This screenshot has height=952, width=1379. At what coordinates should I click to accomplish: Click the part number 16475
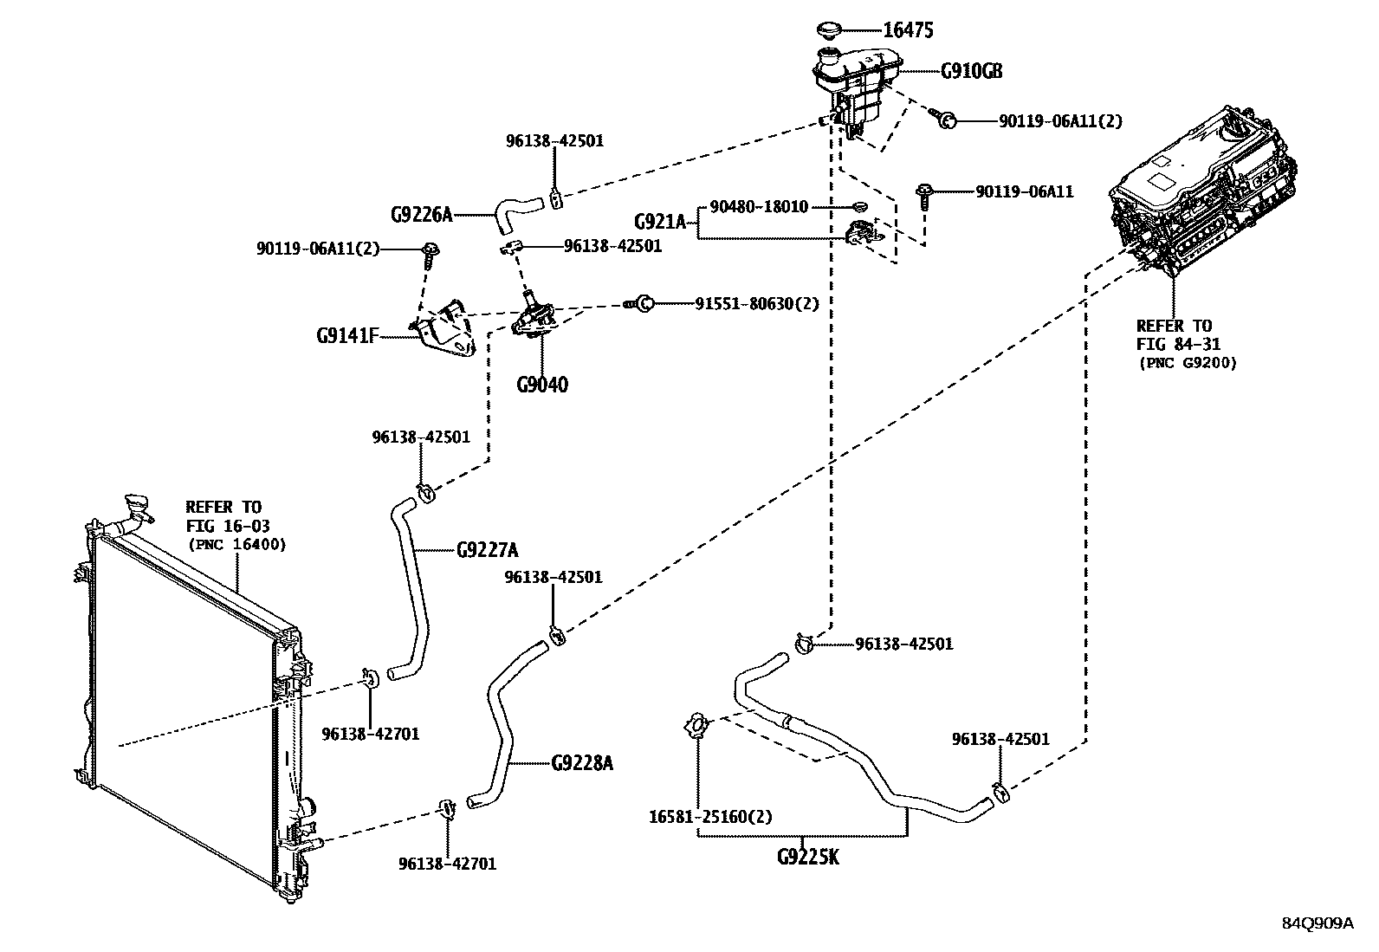907,30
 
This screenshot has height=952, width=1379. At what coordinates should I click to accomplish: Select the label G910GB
971,72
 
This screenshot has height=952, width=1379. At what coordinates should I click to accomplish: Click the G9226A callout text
421,214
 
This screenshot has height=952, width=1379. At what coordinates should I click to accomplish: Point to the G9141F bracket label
347,334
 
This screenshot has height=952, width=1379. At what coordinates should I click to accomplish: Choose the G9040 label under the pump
542,385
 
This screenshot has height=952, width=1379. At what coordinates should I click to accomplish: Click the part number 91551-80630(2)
756,303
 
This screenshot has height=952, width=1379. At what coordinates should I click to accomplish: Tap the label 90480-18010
759,207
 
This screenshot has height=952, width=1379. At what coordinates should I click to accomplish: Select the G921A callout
659,222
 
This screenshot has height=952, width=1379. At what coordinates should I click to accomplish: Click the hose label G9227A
487,550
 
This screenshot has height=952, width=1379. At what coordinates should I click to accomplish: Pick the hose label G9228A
582,763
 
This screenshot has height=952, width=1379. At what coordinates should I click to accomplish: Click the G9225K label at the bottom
807,858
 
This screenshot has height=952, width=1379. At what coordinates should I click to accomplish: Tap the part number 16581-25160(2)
710,817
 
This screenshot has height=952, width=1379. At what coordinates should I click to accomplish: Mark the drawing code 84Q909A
1317,923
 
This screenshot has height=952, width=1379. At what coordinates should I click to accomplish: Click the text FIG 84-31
1174,344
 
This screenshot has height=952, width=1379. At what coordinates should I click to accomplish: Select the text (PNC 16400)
236,544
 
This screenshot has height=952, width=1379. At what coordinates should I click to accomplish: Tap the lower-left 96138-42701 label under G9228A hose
447,863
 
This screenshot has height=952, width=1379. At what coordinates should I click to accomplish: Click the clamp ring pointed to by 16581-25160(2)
697,725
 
